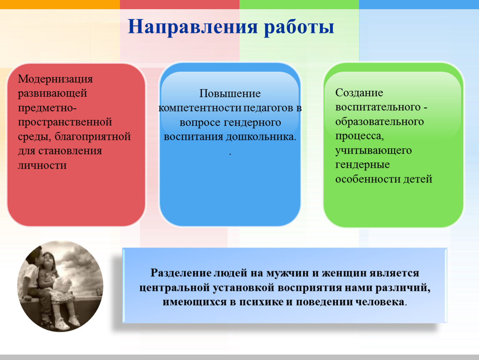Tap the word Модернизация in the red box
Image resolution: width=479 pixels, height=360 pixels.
(55, 79)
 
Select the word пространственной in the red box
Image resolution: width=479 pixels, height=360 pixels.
(65, 122)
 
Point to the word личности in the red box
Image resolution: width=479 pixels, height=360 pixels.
(42, 165)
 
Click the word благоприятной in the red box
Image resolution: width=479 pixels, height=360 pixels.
(92, 137)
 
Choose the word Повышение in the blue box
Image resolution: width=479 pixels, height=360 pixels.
(230, 93)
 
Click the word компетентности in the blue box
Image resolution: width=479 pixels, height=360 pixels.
(200, 108)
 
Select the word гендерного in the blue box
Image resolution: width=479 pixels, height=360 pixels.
(252, 122)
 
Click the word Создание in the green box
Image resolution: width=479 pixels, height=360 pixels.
(359, 92)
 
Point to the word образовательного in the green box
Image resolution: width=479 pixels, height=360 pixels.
(379, 122)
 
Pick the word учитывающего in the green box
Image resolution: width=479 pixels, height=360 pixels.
(374, 150)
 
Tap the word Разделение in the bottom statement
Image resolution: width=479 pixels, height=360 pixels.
(180, 272)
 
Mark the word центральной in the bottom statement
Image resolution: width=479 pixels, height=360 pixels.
(175, 287)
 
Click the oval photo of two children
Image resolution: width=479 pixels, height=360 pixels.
(60, 286)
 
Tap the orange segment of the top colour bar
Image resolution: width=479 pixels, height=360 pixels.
(60, 4)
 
